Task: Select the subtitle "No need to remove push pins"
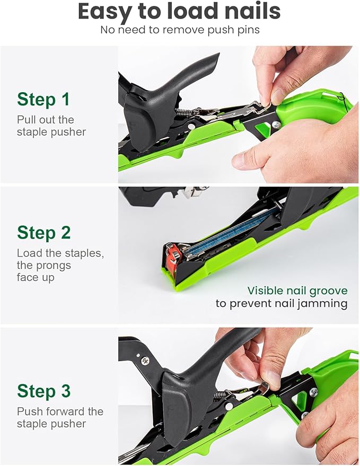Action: (180, 30)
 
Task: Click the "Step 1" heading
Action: (43, 99)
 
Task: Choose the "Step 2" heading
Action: (43, 232)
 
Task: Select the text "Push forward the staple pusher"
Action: (60, 417)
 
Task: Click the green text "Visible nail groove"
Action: (297, 291)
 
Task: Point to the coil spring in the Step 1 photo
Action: (186, 112)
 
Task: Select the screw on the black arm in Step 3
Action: (145, 360)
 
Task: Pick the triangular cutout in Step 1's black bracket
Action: (261, 129)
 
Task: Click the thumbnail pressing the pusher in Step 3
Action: (274, 379)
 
